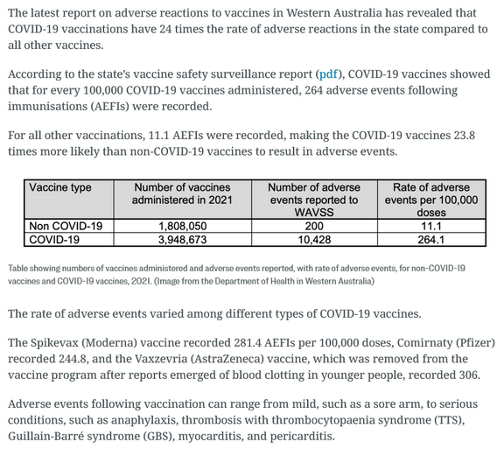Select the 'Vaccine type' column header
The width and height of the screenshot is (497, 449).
60,187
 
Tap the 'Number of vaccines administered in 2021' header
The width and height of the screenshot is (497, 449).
182,193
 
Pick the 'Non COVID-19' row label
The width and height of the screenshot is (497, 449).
66,225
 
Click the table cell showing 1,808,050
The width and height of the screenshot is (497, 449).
182,225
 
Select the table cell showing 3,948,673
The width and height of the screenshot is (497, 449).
182,238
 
